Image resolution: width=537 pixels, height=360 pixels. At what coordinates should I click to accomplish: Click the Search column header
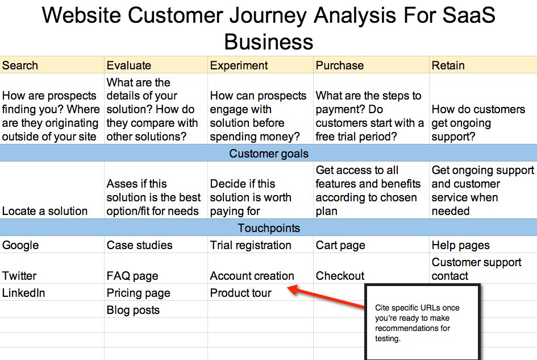coord(20,65)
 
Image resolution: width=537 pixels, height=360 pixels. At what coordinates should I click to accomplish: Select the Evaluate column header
coord(129,65)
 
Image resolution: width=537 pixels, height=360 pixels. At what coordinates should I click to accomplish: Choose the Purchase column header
coord(340,65)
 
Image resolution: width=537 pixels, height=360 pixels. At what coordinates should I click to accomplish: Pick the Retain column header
coord(448,65)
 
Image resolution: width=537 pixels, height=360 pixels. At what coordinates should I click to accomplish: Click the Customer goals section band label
coord(269,154)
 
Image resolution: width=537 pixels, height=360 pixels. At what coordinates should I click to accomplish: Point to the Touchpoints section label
coord(269,228)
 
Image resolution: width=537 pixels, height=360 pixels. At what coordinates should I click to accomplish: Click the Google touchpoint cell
coord(20,245)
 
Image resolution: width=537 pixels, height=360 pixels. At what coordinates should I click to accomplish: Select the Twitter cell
coord(19,276)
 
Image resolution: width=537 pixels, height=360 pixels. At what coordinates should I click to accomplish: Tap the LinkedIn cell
coord(23,293)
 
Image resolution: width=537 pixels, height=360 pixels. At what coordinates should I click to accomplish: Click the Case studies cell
coord(140,245)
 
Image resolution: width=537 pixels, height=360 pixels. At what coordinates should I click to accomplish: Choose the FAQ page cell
coord(132,276)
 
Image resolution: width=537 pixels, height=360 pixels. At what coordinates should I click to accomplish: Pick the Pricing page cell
coord(139,293)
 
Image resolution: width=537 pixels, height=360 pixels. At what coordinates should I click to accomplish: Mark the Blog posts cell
coord(133,310)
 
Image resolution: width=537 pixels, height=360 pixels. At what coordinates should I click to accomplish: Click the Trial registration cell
coord(251,245)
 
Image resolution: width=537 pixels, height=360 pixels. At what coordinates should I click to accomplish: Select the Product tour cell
coord(241,293)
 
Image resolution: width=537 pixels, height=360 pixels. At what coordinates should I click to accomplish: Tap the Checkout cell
coord(340,276)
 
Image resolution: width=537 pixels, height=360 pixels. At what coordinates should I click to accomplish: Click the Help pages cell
coord(460,245)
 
